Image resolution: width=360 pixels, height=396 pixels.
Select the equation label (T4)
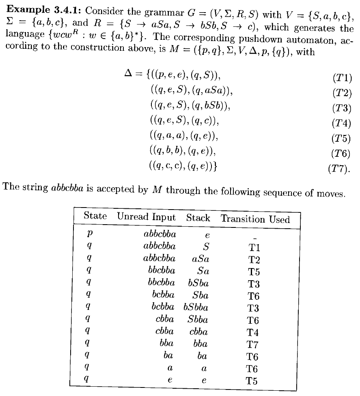coord(342,122)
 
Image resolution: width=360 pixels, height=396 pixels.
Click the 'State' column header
coord(95,216)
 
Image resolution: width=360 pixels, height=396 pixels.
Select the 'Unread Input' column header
coord(147,217)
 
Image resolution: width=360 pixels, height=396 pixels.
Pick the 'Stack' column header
coord(198,218)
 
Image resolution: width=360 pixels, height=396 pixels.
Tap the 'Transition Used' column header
coord(255,219)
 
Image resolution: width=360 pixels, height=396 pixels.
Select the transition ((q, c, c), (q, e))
coord(183,166)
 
